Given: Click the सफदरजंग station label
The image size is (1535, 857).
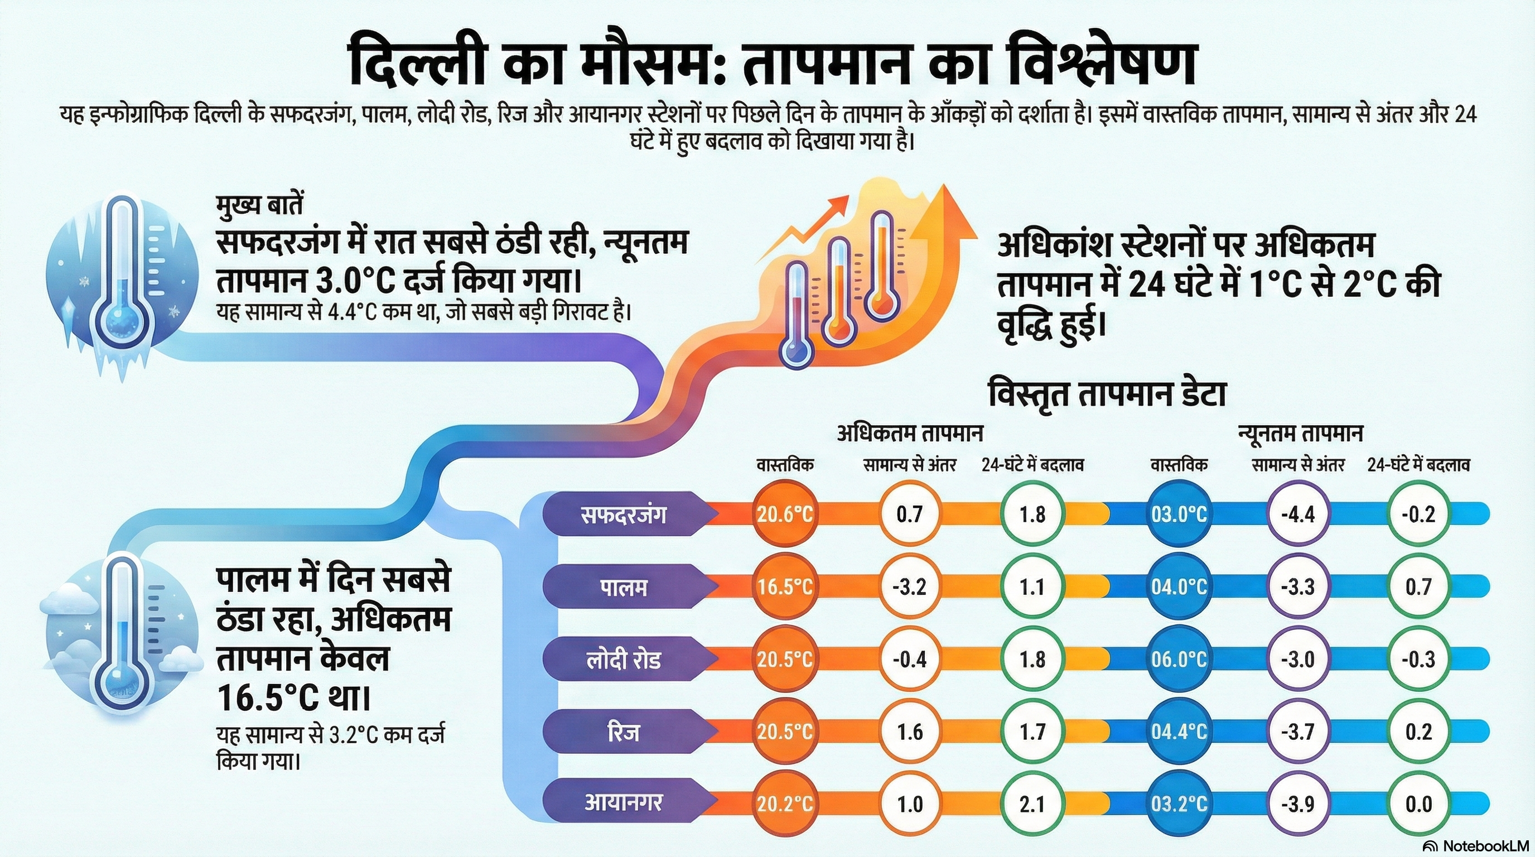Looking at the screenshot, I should (622, 514).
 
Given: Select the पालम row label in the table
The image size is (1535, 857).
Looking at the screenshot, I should (622, 587).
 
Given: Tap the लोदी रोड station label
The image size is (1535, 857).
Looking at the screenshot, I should (622, 659).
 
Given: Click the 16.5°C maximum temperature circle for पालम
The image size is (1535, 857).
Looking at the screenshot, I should (784, 587).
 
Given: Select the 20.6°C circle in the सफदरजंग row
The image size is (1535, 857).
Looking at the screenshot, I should (784, 514).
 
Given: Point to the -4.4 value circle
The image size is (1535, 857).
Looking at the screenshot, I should (1298, 514).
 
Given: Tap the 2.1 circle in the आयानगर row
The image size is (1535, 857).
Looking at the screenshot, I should (1031, 804).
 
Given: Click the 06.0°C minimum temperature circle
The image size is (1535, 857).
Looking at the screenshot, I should (1178, 659).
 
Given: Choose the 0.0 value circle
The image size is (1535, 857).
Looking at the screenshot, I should (1418, 804).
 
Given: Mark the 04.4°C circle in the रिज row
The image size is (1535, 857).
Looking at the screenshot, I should (1178, 731).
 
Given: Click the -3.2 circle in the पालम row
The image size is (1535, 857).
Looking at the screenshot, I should (909, 587).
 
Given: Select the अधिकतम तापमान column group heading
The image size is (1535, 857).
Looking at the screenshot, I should (909, 434).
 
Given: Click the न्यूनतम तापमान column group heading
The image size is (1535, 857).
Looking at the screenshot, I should (1300, 434).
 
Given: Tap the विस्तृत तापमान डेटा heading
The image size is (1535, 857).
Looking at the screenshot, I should (1107, 394).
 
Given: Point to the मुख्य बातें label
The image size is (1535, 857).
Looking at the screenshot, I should (260, 206).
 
